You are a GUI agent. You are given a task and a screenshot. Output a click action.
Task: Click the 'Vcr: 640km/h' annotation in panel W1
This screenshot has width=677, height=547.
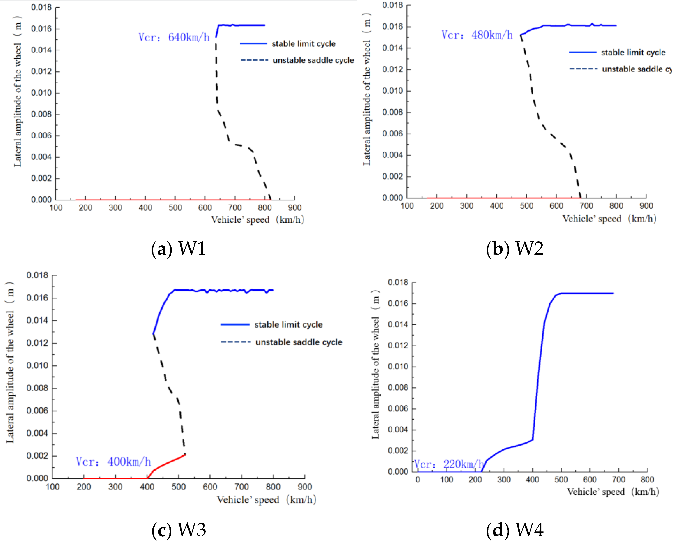[x=174, y=38]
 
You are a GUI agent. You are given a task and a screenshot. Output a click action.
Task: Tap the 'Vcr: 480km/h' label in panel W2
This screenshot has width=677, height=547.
[x=477, y=35]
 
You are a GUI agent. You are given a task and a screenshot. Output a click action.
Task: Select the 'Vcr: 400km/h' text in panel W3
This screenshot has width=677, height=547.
[x=113, y=462]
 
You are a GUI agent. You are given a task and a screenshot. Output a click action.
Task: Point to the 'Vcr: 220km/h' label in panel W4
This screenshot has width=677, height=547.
[x=448, y=464]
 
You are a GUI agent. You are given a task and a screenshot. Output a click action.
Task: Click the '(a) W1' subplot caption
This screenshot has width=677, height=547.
[x=179, y=249]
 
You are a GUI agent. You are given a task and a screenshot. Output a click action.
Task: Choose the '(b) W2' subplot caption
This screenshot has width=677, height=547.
[x=515, y=249]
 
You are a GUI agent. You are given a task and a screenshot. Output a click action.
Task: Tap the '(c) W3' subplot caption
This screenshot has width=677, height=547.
[x=179, y=530]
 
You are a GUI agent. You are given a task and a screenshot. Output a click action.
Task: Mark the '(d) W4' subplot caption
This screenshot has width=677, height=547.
[x=515, y=530]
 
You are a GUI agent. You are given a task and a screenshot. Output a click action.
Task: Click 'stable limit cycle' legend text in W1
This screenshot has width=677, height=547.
[x=303, y=44]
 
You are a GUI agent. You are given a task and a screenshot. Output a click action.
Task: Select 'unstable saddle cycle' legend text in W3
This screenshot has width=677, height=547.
[x=299, y=342]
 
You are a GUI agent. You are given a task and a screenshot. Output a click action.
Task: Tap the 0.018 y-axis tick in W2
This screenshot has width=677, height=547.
[x=392, y=5]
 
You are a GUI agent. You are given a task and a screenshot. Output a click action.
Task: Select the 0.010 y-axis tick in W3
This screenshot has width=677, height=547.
[x=37, y=366]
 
